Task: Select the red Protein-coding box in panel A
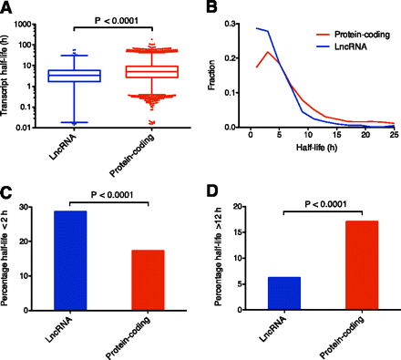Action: (143, 71)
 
